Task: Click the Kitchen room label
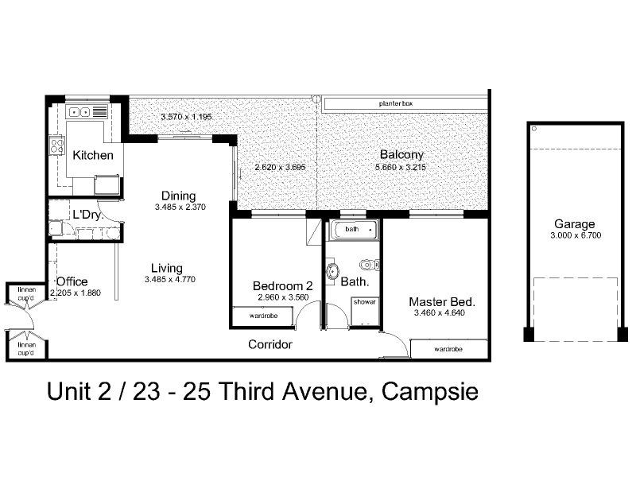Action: click(93, 155)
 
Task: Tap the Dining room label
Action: click(178, 196)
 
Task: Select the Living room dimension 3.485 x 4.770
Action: click(170, 280)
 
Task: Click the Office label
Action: click(72, 281)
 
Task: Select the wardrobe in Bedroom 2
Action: click(263, 316)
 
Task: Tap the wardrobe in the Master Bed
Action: click(449, 349)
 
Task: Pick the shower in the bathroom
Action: click(364, 302)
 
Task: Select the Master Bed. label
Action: click(441, 302)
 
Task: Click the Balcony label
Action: click(401, 155)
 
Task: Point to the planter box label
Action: click(395, 103)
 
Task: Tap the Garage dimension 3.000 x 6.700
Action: click(574, 236)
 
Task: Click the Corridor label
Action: click(270, 344)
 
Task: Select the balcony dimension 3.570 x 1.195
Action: click(186, 117)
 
